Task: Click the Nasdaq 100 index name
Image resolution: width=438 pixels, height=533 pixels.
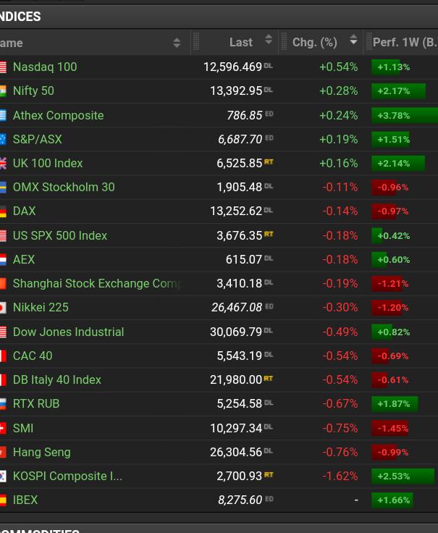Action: tap(45, 67)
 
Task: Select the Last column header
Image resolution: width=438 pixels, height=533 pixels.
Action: tap(240, 43)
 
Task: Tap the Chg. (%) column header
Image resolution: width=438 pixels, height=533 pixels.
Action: tap(315, 43)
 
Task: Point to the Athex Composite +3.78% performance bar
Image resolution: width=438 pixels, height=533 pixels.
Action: tap(404, 115)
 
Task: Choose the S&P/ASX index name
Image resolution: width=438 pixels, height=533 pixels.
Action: tap(38, 139)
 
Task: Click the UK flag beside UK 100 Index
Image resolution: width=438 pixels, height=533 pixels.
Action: tap(3, 163)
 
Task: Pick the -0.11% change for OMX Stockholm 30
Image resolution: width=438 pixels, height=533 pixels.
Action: tap(340, 187)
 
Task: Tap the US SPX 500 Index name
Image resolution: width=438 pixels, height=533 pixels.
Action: tap(60, 235)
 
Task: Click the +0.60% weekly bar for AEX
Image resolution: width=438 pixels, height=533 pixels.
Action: tap(391, 259)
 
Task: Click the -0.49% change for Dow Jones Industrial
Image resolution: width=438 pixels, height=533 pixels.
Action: tap(340, 332)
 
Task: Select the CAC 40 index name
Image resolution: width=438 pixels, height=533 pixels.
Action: tap(33, 356)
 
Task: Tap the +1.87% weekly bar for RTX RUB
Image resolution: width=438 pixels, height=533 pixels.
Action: tap(395, 403)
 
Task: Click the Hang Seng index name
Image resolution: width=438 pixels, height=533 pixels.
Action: tap(42, 452)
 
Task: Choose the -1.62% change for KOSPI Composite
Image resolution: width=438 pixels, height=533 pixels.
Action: tap(340, 476)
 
